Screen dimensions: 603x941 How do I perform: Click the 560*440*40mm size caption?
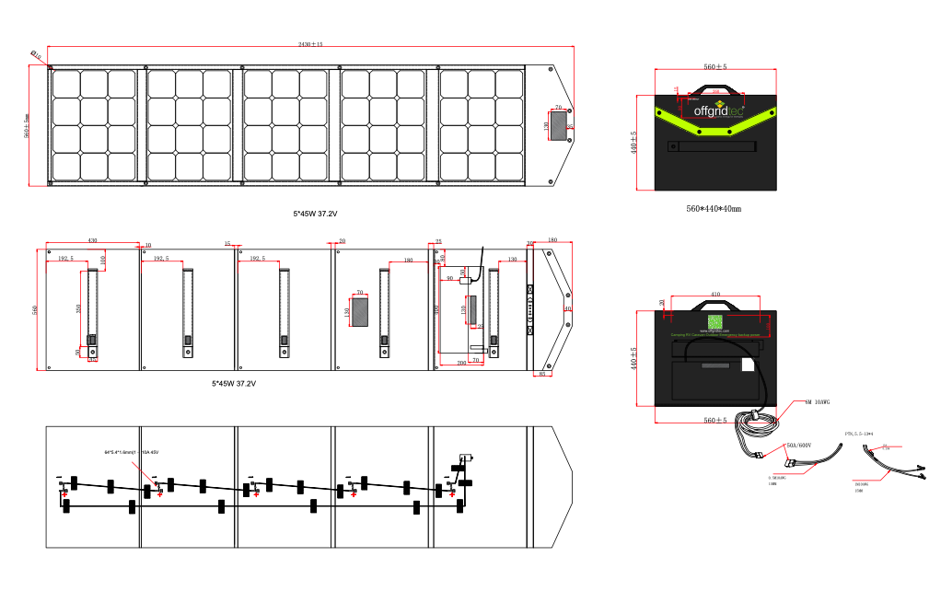pyautogui.click(x=714, y=209)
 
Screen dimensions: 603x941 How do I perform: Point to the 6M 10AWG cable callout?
pyautogui.click(x=817, y=402)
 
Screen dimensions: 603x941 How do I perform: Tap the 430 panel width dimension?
pyautogui.click(x=92, y=241)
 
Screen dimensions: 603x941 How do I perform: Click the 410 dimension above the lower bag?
pyautogui.click(x=715, y=295)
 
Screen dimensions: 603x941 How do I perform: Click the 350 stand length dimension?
pyautogui.click(x=78, y=307)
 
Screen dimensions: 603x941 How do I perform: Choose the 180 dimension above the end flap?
pyautogui.click(x=552, y=241)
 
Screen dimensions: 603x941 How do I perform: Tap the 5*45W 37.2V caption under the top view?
pyautogui.click(x=316, y=214)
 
